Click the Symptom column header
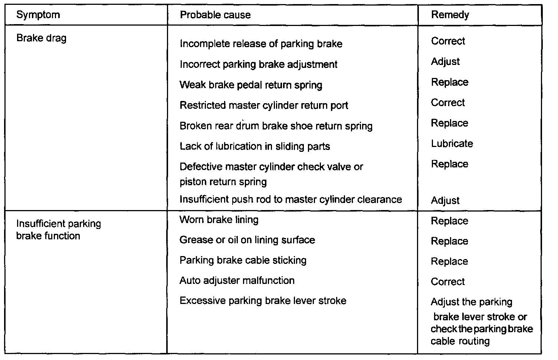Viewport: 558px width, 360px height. [38, 15]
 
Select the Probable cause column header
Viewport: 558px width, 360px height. [215, 15]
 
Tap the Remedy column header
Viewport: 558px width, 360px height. [450, 15]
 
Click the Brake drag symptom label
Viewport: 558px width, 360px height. [42, 38]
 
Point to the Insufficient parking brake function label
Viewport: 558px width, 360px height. [58, 230]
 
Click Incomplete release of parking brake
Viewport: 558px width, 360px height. [261, 44]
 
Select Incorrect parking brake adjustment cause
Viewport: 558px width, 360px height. [258, 65]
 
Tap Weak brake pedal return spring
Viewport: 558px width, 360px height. [251, 85]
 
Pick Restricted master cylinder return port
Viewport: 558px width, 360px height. [264, 105]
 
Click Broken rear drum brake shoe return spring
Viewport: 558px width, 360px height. [276, 126]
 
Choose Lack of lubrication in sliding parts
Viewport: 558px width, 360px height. [255, 146]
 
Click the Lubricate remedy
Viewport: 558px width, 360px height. [452, 144]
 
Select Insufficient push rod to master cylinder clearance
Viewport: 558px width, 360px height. [291, 199]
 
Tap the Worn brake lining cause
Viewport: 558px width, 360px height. [219, 220]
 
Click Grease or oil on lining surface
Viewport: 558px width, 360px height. [247, 240]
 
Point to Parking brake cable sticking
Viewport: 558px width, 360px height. [243, 260]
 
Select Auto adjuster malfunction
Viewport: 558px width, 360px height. [237, 281]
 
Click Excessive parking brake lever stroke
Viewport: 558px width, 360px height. [263, 301]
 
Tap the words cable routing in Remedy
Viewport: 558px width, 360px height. [460, 341]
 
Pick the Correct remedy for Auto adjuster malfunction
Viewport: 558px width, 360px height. [448, 282]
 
